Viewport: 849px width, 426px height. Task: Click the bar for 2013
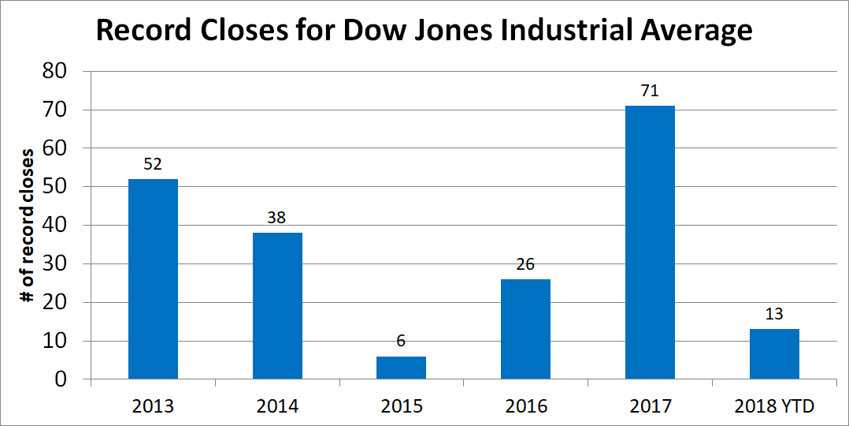point(153,279)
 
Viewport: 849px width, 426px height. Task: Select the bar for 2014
point(277,306)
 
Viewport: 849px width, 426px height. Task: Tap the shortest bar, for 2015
point(401,368)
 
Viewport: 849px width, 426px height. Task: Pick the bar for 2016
point(525,329)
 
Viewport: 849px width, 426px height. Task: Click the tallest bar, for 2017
point(650,242)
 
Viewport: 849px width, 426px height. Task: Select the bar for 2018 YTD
point(774,354)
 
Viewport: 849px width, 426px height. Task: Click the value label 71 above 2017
point(650,91)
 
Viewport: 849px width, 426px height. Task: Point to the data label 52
point(153,164)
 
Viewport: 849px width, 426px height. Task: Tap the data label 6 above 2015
point(401,342)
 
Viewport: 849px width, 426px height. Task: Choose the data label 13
point(774,315)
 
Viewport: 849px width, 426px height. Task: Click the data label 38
point(277,219)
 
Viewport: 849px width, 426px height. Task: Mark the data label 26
point(525,264)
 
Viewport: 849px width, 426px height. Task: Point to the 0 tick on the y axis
point(60,380)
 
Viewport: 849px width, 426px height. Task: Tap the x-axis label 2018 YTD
point(774,407)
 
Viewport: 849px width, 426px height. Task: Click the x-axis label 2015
point(401,407)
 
